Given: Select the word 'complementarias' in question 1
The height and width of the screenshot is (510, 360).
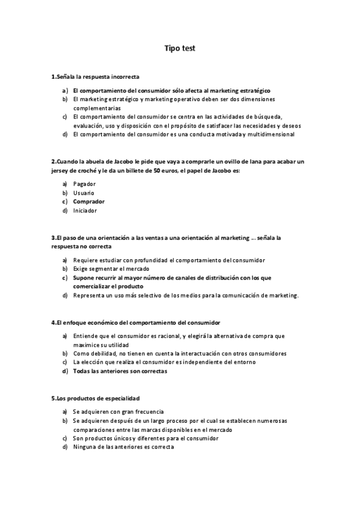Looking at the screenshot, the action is tap(96, 108).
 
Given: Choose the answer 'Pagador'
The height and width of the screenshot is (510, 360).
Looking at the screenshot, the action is tap(85, 183).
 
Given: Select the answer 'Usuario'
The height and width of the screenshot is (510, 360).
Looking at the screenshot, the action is tap(84, 192).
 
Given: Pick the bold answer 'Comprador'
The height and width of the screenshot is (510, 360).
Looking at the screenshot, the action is tap(88, 201).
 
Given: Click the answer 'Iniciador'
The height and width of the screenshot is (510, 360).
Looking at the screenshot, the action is tap(85, 210).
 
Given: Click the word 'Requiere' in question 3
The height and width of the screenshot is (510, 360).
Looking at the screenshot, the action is tap(85, 260).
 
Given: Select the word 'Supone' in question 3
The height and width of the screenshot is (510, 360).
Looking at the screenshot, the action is tap(84, 277).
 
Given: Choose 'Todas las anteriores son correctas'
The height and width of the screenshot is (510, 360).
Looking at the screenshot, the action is tap(120, 371).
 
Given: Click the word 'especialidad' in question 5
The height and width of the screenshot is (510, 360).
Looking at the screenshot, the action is tap(121, 399).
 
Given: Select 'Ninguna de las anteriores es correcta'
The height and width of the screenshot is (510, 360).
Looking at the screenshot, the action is tap(123, 447).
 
